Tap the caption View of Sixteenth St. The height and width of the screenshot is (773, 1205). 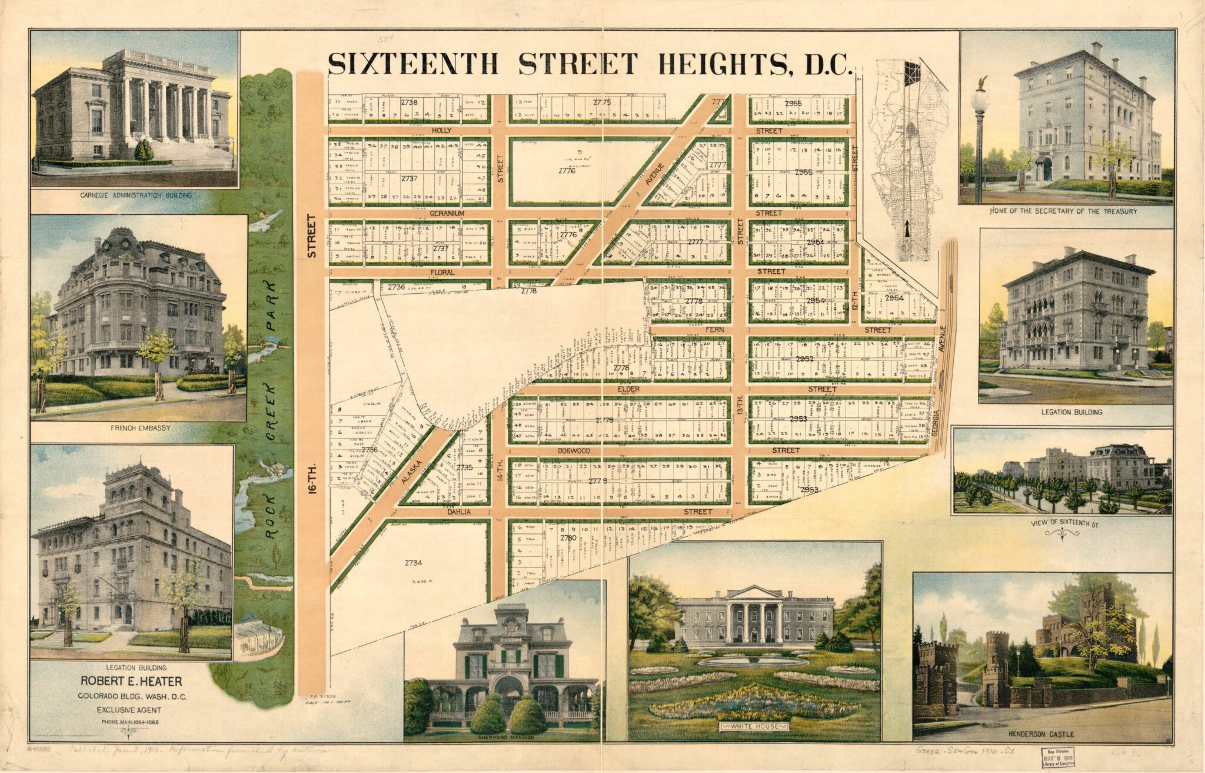pos(1065,523)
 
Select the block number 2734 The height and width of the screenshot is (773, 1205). pos(414,563)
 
